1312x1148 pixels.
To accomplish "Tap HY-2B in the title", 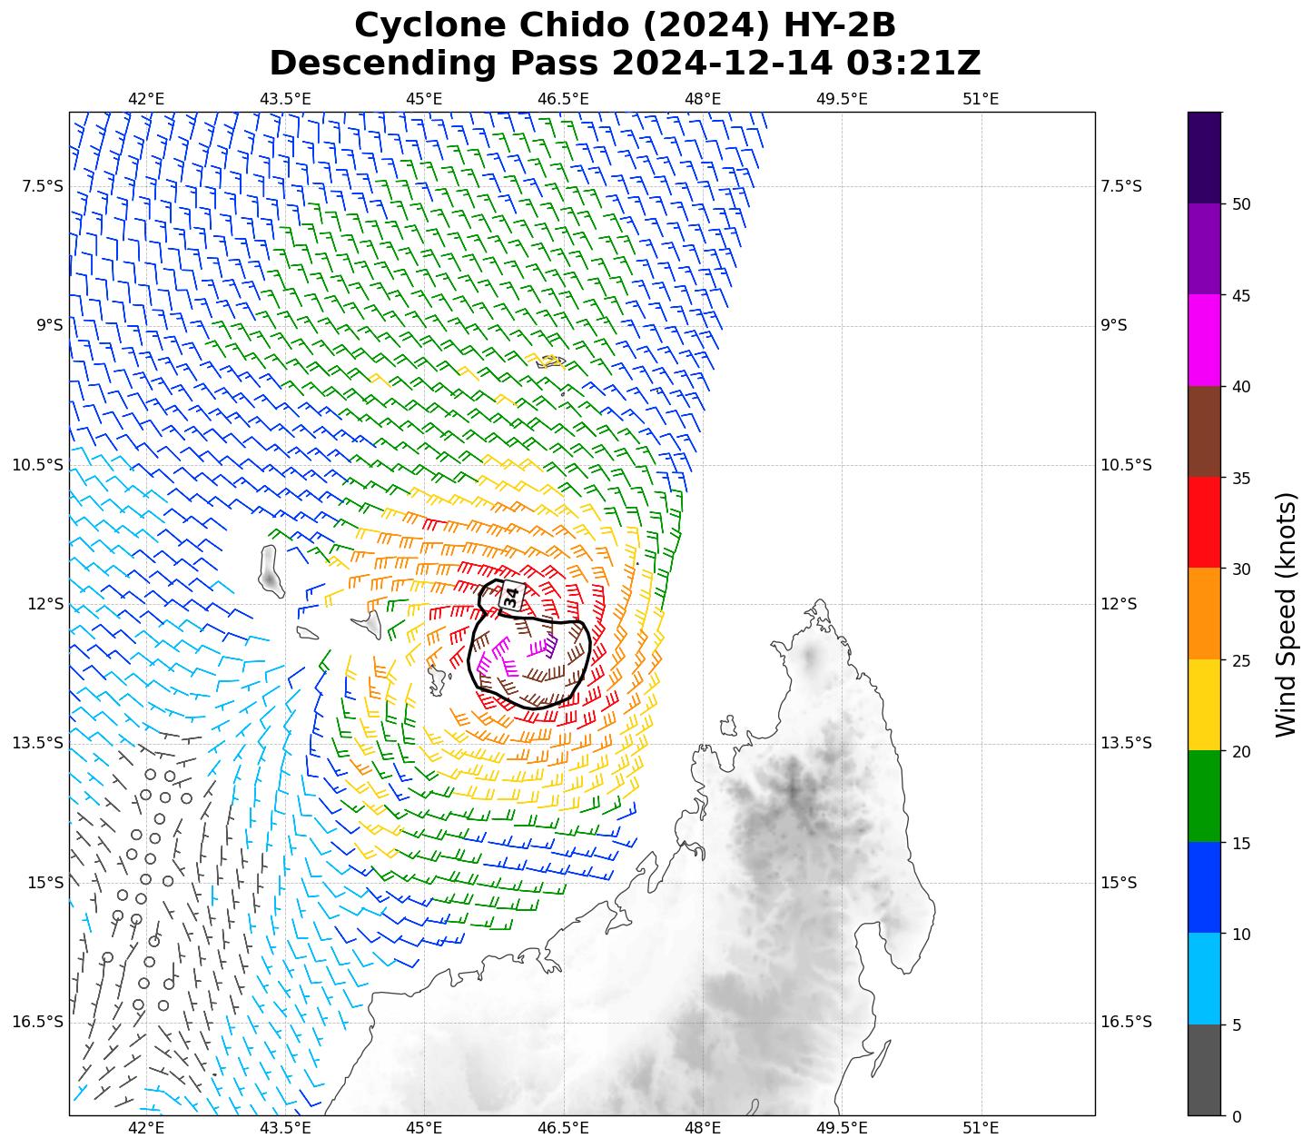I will (836, 26).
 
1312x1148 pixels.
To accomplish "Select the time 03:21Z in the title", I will (913, 64).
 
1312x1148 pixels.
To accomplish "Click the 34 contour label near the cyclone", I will (511, 597).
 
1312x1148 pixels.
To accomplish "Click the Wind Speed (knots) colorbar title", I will (1286, 615).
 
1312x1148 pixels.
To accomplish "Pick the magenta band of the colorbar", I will (1204, 341).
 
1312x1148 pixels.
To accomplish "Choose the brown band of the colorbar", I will (1204, 432).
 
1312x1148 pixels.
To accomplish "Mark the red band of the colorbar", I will (1204, 523).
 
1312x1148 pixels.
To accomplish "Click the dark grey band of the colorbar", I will (1204, 1071).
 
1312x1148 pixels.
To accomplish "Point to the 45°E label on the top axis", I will (424, 99).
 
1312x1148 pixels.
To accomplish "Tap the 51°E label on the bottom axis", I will (981, 1129).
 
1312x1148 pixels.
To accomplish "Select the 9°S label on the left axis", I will (49, 325).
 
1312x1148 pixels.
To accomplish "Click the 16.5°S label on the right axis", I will (1126, 1022).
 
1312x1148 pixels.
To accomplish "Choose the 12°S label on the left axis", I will (45, 604).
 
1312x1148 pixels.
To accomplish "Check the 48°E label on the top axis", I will (703, 99).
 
